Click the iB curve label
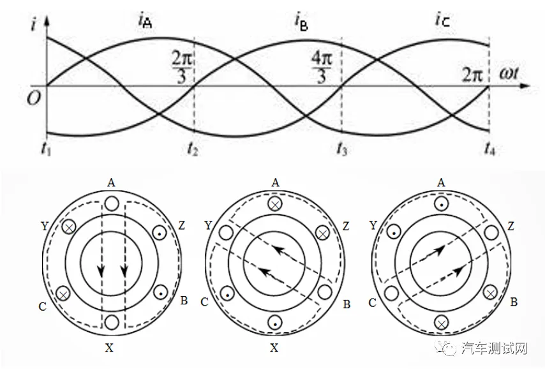(x=301, y=21)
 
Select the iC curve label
(x=442, y=20)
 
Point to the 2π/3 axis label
(x=182, y=67)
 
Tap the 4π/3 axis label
(x=321, y=67)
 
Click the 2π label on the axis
(x=472, y=75)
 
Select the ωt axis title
(x=510, y=74)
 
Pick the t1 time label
(x=46, y=149)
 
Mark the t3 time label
(x=341, y=149)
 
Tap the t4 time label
(x=489, y=149)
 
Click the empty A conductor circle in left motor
(x=112, y=204)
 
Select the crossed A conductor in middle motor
(x=275, y=204)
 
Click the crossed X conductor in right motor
(x=442, y=324)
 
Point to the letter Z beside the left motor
(x=181, y=226)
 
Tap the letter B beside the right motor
(x=514, y=302)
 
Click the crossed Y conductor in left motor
(x=69, y=228)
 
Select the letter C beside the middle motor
(x=204, y=302)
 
